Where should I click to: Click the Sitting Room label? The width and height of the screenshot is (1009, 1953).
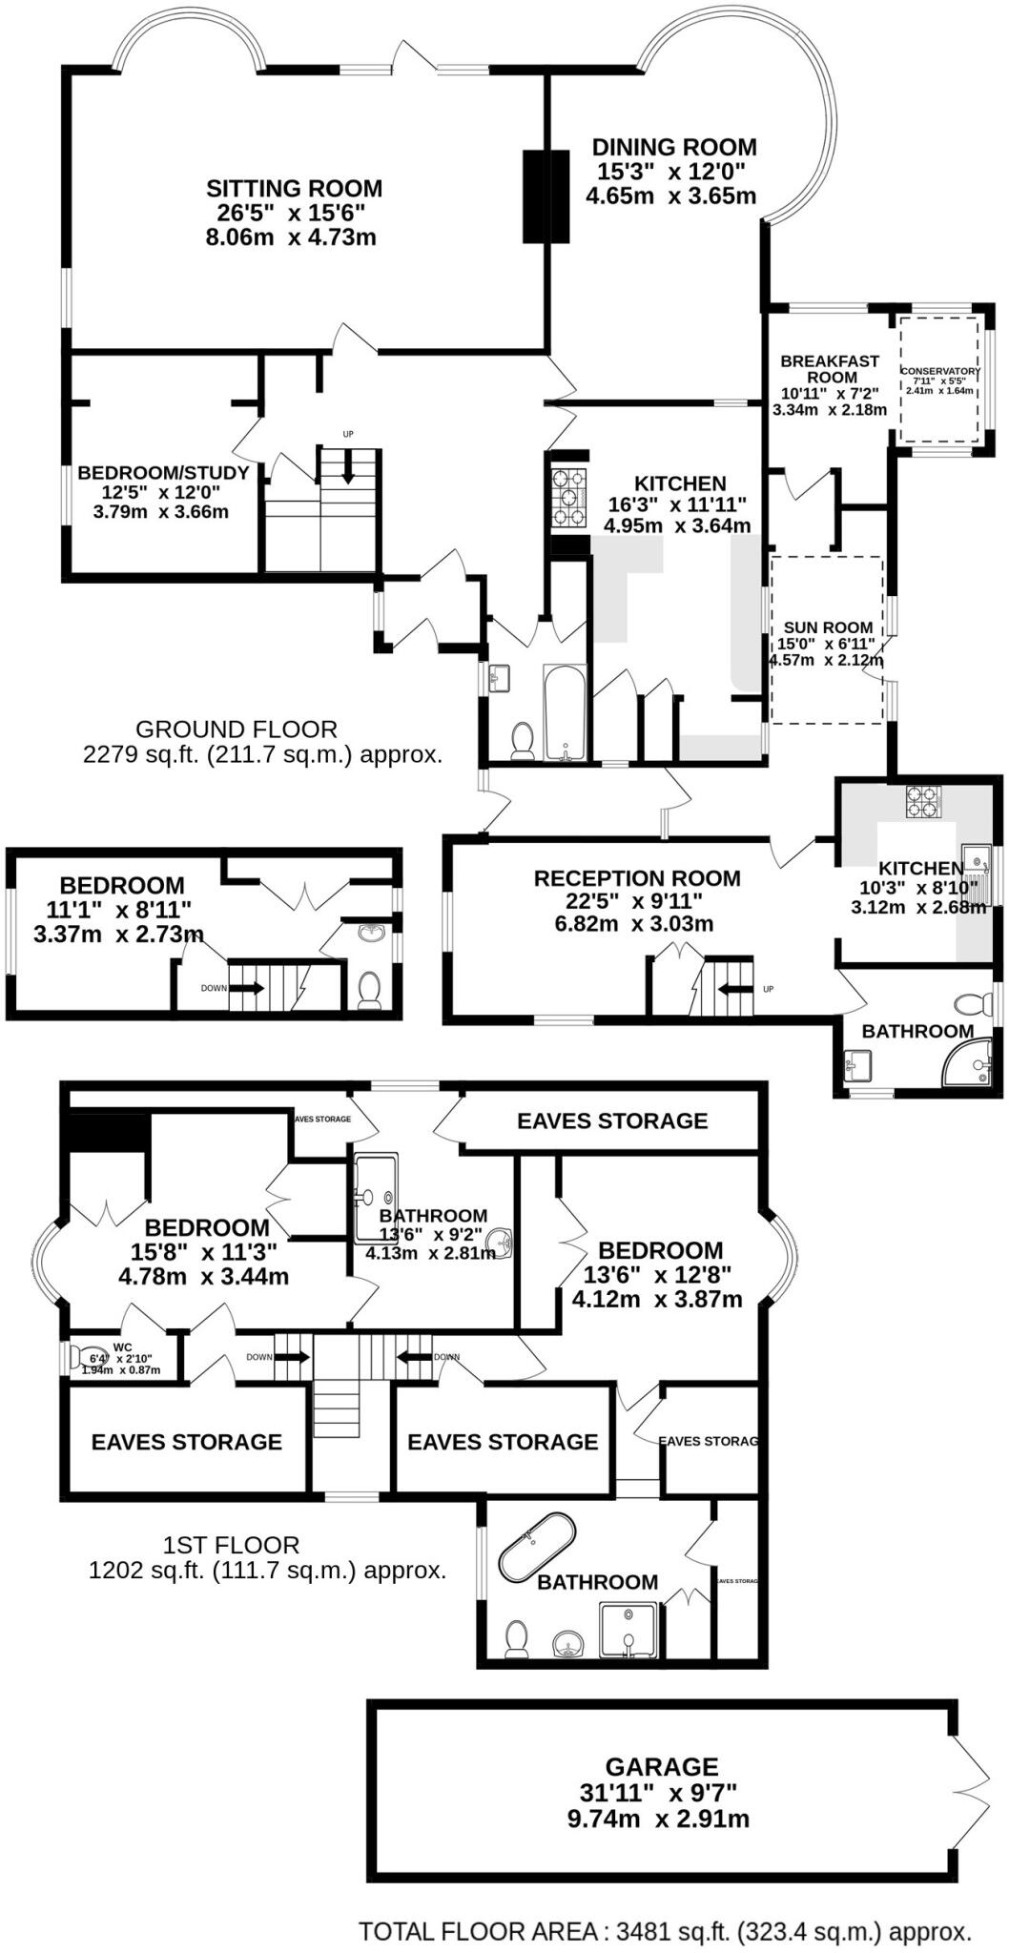coord(294,189)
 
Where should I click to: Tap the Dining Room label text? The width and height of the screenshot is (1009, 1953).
coord(674,148)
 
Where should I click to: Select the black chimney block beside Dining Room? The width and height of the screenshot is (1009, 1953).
coord(546,196)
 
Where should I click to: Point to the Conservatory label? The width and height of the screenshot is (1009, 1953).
coord(940,371)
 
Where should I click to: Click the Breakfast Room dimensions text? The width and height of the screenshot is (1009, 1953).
coord(829,401)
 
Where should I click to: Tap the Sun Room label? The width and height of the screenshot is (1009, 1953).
coord(828,627)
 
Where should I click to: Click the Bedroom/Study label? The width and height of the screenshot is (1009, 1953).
coord(163,473)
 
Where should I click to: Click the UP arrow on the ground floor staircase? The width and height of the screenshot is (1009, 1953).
coord(348,464)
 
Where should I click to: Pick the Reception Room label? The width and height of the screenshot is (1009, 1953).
coord(637,878)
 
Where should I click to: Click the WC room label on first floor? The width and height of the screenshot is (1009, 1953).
coord(122,1347)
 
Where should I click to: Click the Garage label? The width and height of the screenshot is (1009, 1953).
coord(662,1767)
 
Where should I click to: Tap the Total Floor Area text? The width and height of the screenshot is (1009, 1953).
coord(665,1932)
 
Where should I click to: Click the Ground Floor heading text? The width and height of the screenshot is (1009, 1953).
coord(237,730)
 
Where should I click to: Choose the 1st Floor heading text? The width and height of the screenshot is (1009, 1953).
coord(231,1545)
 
